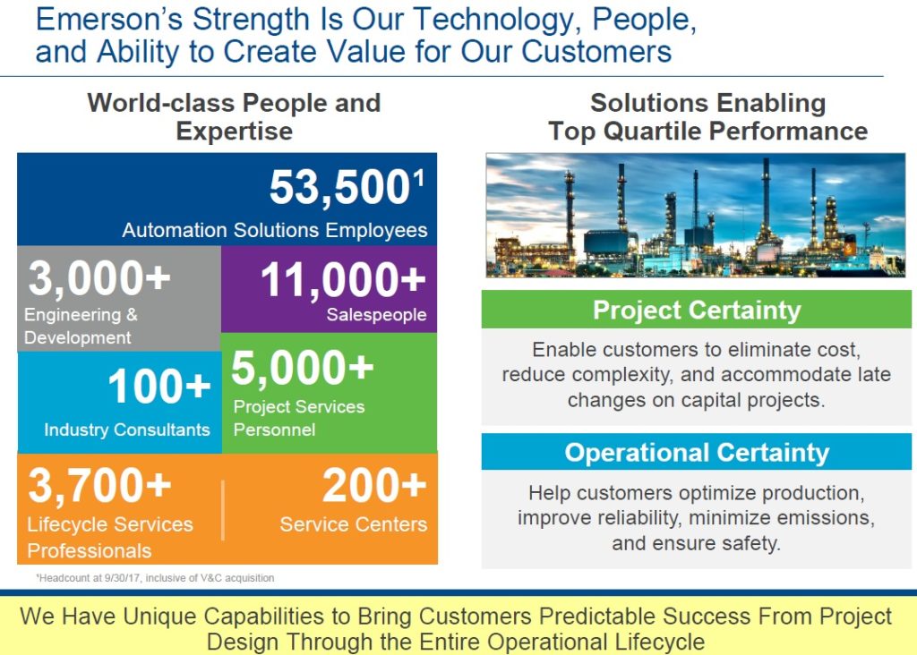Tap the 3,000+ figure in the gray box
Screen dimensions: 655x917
pos(99,279)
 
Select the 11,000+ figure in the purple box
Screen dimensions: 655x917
pos(343,281)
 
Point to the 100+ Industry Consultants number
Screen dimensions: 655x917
pos(159,387)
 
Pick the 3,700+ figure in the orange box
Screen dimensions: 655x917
pos(99,486)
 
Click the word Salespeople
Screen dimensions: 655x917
pos(376,315)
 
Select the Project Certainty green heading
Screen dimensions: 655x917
pos(697,310)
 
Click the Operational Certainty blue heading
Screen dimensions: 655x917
pos(697,452)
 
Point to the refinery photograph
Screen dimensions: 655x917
pos(695,215)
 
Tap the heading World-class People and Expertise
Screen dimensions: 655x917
pos(234,116)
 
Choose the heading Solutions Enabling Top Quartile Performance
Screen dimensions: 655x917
pos(707,116)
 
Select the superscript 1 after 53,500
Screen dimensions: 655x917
pos(418,177)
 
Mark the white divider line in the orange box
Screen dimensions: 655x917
pos(223,510)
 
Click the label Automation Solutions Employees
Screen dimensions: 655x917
pos(275,230)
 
